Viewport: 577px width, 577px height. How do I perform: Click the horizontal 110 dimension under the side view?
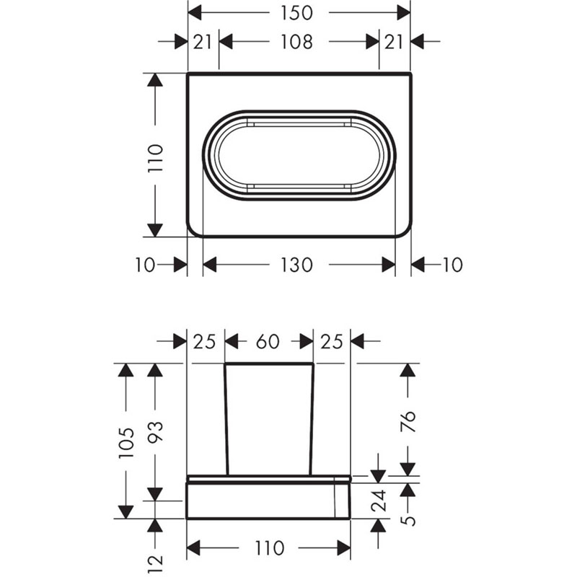[x=268, y=549]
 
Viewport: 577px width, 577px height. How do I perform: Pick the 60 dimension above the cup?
[x=268, y=342]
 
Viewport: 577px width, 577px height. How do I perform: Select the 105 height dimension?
[x=126, y=443]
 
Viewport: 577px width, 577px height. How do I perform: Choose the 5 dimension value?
[x=408, y=519]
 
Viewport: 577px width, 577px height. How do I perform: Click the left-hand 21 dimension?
[x=203, y=42]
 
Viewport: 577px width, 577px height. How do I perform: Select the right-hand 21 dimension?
[x=394, y=42]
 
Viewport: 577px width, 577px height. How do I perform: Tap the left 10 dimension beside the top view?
[x=145, y=265]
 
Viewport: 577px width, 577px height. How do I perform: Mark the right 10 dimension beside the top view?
[x=452, y=265]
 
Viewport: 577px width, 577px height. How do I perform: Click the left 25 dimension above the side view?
[x=205, y=342]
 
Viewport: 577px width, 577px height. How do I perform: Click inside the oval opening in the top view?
[x=299, y=155]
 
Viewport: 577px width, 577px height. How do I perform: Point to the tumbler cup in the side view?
[x=269, y=418]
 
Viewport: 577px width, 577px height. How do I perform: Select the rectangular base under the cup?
[x=268, y=501]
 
